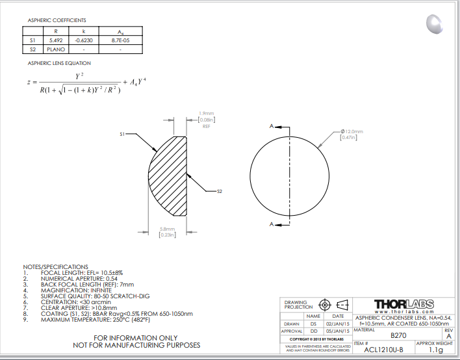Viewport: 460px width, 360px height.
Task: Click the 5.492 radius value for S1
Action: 56,40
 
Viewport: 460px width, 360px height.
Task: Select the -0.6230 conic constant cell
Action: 84,40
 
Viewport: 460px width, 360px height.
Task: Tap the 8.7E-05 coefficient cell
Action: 120,40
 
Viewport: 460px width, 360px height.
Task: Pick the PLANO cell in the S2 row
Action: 56,49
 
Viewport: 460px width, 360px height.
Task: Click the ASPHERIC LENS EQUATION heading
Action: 59,63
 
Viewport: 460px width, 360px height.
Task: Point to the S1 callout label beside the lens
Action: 122,134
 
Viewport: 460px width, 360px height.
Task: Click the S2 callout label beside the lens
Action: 220,192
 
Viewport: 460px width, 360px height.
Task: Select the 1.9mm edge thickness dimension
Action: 206,113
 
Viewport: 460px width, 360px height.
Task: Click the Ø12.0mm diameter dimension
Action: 351,131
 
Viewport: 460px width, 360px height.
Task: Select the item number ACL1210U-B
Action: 383,350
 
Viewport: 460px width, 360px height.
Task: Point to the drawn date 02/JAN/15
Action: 338,324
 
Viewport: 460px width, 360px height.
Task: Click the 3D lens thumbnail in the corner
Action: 435,25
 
